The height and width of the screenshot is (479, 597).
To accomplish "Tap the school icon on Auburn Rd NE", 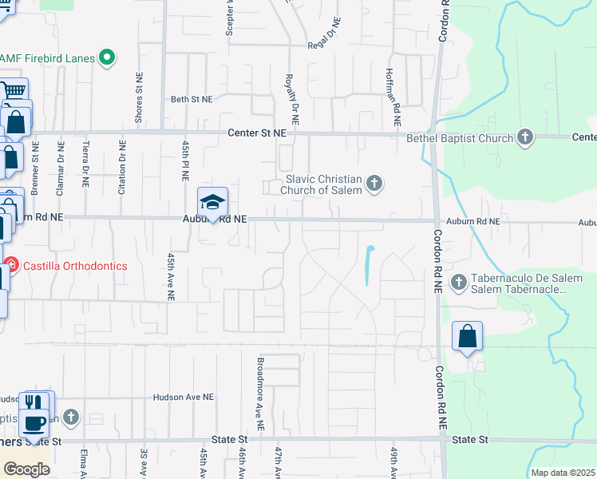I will (x=213, y=202).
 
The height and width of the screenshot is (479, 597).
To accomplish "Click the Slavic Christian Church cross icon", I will (x=373, y=185).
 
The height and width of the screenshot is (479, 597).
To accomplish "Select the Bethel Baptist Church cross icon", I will (x=525, y=137).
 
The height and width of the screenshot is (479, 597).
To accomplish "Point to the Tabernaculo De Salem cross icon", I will (x=459, y=282).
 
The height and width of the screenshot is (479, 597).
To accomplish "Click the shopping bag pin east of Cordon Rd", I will (x=468, y=337).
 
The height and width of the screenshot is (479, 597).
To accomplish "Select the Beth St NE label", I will (x=192, y=100).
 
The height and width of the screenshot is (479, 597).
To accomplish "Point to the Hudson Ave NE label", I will (x=184, y=397).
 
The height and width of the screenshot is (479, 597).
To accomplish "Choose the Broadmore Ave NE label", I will (x=260, y=386).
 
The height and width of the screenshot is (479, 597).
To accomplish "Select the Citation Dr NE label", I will (x=122, y=167).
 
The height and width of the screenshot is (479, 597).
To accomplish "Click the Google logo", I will (x=26, y=469).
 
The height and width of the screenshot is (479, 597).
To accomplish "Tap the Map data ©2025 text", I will (x=562, y=473).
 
